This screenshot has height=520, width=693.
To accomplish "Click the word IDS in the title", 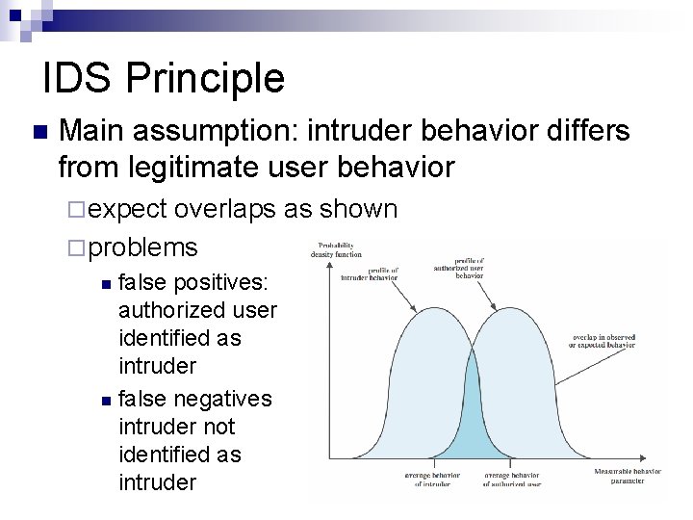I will click(x=76, y=78).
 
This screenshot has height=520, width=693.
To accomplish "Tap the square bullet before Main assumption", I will click(x=38, y=132).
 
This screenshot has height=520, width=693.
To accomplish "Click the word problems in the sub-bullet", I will click(x=145, y=247).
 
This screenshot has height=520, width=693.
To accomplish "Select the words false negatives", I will click(x=194, y=398).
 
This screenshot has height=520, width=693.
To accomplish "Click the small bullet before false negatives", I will click(x=107, y=399).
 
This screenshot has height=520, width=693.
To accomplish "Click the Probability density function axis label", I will click(x=336, y=248).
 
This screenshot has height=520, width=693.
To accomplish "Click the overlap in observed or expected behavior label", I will click(x=603, y=343).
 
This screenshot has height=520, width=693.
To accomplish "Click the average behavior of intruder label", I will click(x=432, y=479).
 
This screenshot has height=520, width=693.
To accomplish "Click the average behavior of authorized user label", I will click(x=512, y=479).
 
